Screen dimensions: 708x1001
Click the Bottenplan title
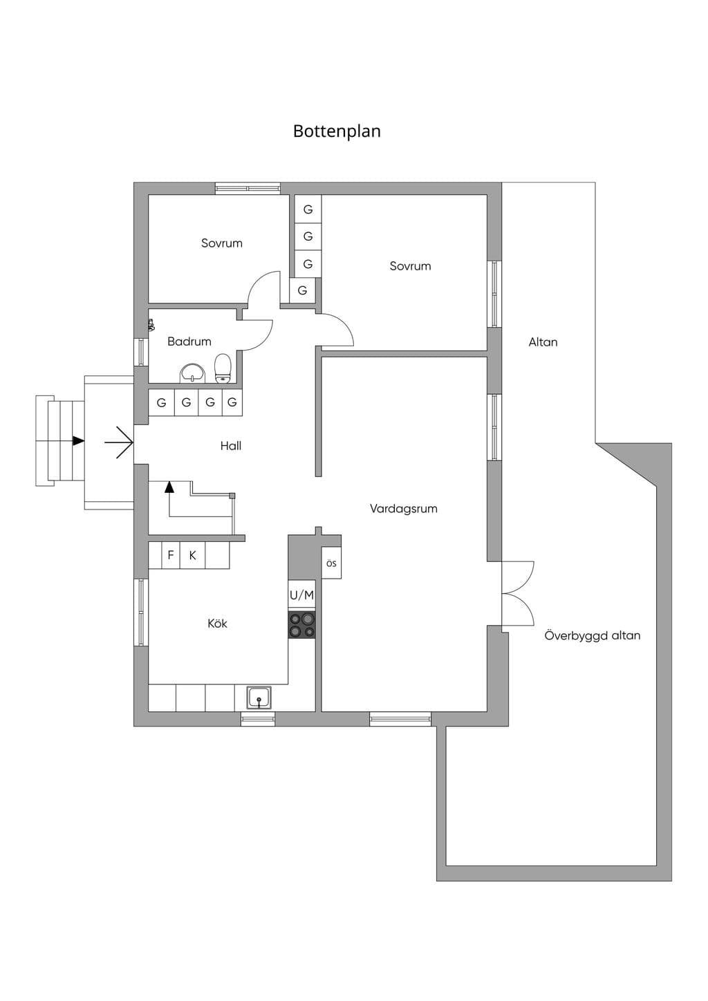[337, 131]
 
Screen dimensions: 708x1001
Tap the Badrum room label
[189, 342]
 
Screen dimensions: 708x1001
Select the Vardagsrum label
[404, 509]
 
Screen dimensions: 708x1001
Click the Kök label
[217, 624]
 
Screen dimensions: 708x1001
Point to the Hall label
[231, 445]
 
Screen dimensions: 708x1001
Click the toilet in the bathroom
[223, 368]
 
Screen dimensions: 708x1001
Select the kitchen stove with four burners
[301, 625]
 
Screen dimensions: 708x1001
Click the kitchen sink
[259, 698]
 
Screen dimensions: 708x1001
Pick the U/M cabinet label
[301, 595]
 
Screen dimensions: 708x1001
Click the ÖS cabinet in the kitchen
[331, 563]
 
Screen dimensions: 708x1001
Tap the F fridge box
[170, 555]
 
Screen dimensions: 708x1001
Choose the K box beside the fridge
[193, 555]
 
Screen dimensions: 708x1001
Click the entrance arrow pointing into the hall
[119, 442]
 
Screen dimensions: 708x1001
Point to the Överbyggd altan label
[593, 635]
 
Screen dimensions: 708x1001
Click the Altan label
[543, 342]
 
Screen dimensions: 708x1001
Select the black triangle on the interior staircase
[169, 487]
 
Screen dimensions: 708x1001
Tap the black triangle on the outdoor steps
[79, 440]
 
